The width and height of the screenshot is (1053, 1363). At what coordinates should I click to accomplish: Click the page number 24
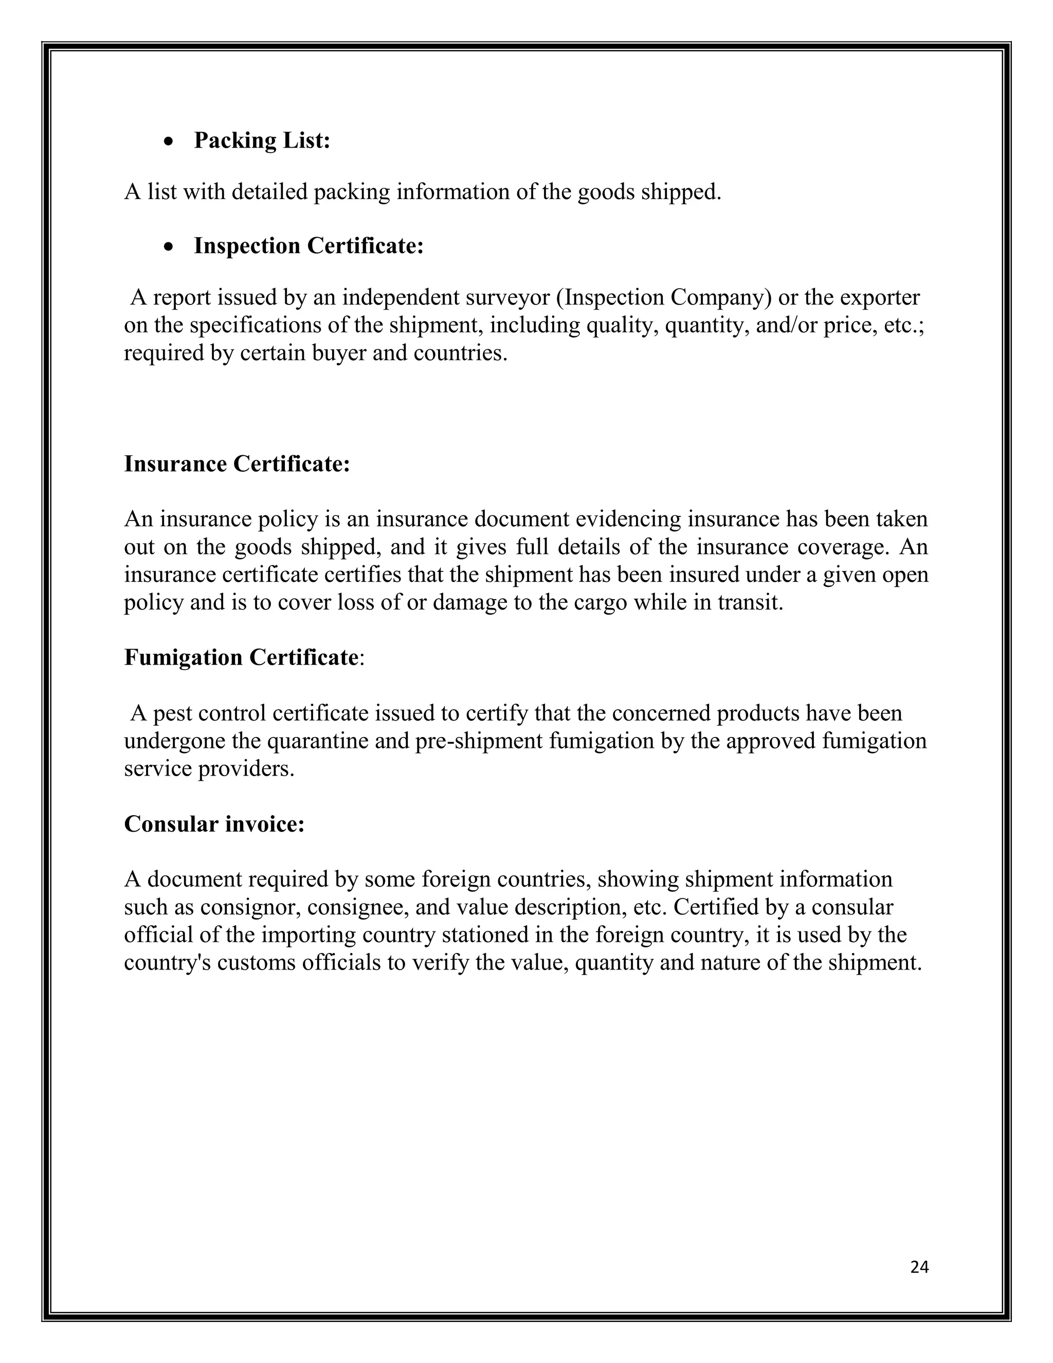pos(919,1267)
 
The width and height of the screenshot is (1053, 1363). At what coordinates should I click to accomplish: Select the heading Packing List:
pos(261,140)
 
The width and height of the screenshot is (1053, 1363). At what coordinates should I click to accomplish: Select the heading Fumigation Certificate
pos(241,657)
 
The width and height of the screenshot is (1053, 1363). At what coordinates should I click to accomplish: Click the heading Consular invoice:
pos(214,824)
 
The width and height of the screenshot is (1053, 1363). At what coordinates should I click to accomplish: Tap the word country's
pos(166,962)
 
